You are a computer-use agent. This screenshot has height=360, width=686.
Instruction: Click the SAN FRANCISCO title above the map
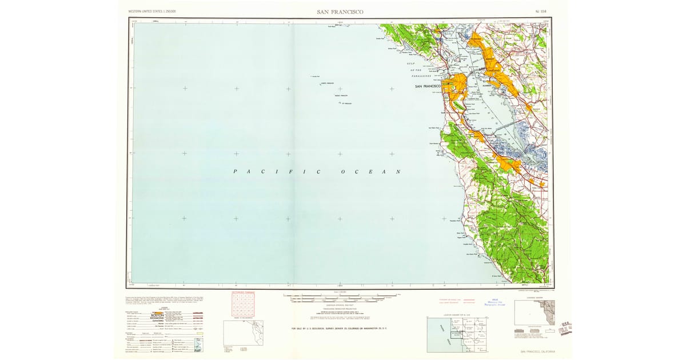[x=340, y=11]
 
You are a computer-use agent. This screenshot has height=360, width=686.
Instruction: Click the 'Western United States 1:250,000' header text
[x=152, y=11]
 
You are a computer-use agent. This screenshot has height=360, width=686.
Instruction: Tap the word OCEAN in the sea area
[x=371, y=172]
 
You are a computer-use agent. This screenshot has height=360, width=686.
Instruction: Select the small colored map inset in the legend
[x=198, y=345]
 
